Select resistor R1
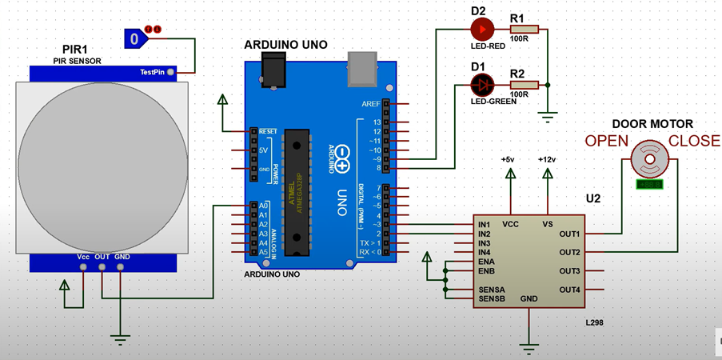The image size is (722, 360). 524,30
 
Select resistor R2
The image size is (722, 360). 524,84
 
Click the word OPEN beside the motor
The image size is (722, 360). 606,142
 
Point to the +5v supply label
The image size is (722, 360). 508,160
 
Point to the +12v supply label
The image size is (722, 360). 548,160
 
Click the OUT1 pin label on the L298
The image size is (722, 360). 569,234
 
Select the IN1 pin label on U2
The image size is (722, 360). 485,225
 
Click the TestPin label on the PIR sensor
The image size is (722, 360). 152,72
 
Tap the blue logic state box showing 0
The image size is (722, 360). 136,37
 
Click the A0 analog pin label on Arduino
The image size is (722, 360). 262,206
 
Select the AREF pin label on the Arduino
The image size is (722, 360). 371,103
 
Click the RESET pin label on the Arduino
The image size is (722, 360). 267,130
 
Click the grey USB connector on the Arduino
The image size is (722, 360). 361,69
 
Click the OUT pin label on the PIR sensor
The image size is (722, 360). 102,257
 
